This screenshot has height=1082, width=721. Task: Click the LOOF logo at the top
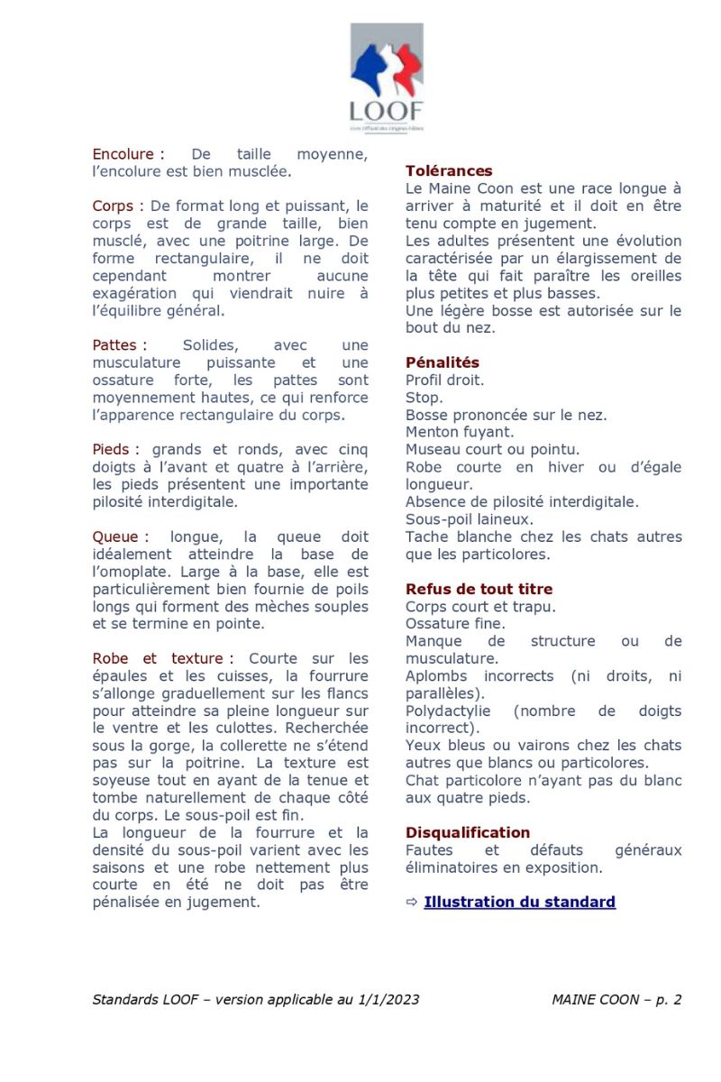pos(387,78)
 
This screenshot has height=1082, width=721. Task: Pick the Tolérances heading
pos(449,171)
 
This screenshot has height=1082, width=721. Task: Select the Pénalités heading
pos(443,362)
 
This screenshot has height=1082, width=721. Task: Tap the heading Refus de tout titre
pos(479,590)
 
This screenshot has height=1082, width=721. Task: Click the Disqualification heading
pos(468,832)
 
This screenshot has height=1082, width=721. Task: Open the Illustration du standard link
pos(519,902)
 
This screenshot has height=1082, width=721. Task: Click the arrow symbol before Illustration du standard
pos(412,902)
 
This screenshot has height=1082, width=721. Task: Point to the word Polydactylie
pos(448,711)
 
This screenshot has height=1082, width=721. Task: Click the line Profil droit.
pos(444,381)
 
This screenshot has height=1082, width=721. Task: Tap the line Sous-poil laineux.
pos(456,519)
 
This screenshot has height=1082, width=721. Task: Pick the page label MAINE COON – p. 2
pos(616,999)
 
